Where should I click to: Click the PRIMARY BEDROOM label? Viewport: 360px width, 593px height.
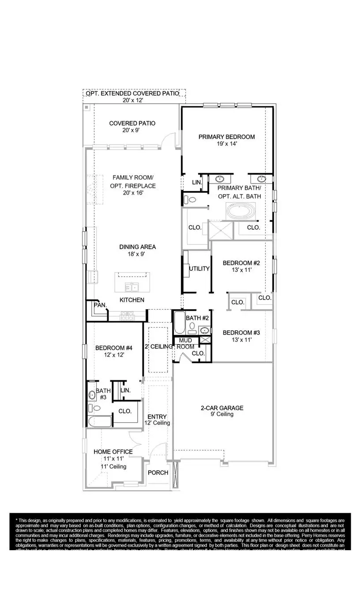(x=226, y=137)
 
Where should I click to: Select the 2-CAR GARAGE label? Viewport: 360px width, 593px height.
(x=222, y=408)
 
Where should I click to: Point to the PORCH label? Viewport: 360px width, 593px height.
(x=158, y=473)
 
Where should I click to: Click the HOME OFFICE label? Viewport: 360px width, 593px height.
(x=113, y=452)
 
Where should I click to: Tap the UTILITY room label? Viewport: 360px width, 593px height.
(x=199, y=268)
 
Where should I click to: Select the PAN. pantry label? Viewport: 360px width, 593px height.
(x=98, y=304)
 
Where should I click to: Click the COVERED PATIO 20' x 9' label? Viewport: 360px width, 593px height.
(x=132, y=124)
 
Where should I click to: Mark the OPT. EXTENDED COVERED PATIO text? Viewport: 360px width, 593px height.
(x=132, y=94)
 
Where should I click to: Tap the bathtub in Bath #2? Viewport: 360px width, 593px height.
(x=180, y=323)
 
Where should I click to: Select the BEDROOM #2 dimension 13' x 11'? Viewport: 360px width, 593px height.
(x=241, y=270)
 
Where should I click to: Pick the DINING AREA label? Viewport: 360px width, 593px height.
(x=137, y=247)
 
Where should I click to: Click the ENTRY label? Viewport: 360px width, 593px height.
(x=157, y=417)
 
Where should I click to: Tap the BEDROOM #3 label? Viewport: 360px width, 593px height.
(x=241, y=333)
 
